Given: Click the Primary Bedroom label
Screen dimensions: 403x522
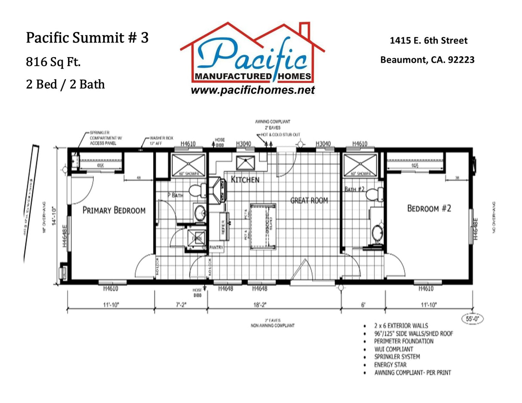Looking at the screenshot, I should coord(114,210).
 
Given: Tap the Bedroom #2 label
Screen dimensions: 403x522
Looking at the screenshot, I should coord(429,208).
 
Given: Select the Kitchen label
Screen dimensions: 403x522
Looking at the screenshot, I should coord(245,179).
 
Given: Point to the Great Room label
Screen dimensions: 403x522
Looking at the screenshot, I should coord(309,200).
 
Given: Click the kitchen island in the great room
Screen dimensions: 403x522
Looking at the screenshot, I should coord(263,225).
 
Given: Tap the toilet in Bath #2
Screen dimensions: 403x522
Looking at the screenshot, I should coord(375,194).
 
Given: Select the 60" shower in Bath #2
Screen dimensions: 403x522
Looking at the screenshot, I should coord(360,165).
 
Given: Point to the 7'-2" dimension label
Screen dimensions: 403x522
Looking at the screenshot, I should coord(181,305).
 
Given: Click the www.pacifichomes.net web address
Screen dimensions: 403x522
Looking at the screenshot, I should coord(252,90).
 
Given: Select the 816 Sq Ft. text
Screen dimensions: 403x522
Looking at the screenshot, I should coord(53,62).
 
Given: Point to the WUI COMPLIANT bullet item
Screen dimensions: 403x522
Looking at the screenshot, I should coord(393,349).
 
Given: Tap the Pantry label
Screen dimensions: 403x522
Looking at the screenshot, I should coord(216,247).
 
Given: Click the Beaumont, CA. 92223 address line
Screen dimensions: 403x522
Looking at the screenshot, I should coord(427,60).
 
